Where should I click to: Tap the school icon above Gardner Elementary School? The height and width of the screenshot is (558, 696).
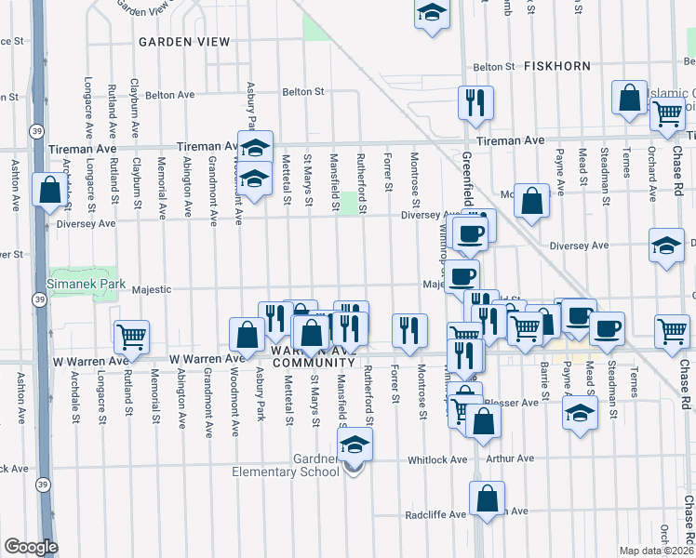pos(355,445)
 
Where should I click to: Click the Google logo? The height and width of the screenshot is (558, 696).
pos(31,547)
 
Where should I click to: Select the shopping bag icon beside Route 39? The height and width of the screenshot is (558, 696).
pos(48,189)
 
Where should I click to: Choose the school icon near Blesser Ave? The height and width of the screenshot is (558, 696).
pos(580,411)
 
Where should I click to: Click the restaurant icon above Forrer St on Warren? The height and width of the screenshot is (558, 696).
pos(409,328)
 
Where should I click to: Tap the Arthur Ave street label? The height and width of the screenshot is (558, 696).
pos(513,458)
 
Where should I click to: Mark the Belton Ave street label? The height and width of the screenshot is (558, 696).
pos(167,94)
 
